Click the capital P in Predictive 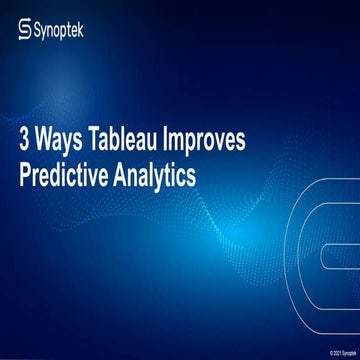[25, 172]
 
